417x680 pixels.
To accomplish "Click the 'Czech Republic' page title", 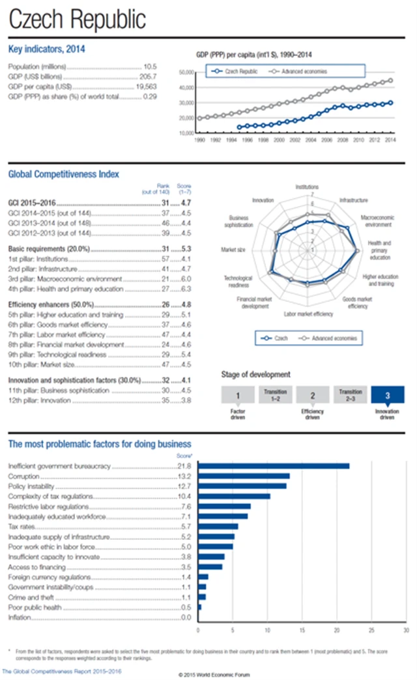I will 78,20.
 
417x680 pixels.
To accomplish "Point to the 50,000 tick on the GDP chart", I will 186,72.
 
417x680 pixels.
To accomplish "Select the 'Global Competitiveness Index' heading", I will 63,174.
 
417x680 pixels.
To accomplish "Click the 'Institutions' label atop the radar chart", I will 307,187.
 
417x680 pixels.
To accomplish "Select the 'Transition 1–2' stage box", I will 275,396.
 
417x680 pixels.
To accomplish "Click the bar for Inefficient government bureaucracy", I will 274,466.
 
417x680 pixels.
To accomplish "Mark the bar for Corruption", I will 244,476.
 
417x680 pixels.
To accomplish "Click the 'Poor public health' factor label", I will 35,607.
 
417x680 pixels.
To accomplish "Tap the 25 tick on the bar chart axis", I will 371,630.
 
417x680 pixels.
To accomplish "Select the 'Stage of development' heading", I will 256,375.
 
